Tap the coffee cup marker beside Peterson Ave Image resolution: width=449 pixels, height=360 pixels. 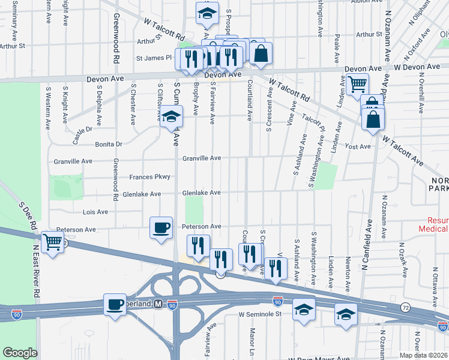[161, 228]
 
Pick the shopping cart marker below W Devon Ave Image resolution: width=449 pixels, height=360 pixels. [357, 85]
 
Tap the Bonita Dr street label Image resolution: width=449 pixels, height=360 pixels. [108, 145]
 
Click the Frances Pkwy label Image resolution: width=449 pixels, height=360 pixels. [150, 177]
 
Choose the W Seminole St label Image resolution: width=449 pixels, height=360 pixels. [260, 314]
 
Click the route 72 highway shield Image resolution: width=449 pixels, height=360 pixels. [406, 307]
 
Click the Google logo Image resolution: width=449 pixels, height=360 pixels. [20, 352]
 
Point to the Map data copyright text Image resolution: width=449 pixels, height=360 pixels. [423, 355]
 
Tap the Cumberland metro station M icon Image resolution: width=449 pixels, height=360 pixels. [158, 304]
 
